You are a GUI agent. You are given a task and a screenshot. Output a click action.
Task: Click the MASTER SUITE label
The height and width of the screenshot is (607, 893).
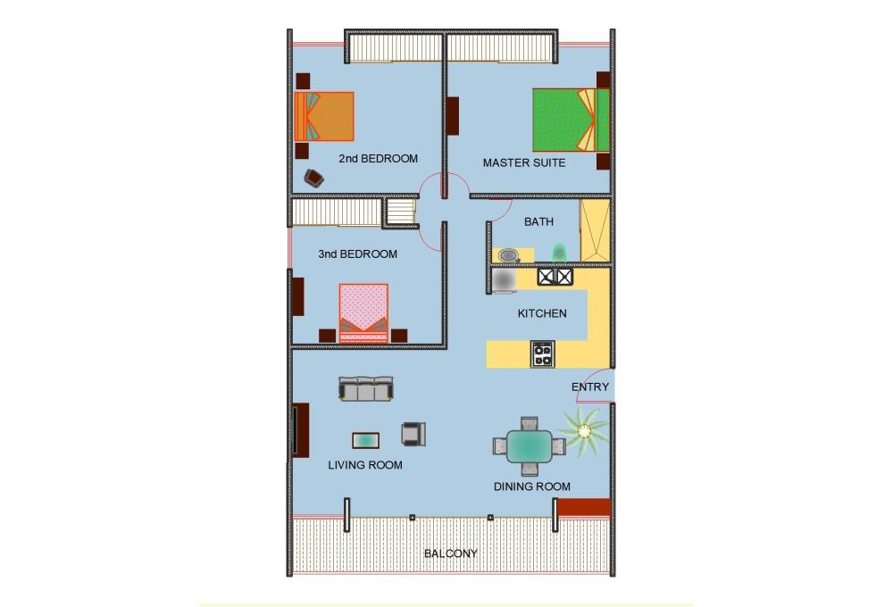point(524,162)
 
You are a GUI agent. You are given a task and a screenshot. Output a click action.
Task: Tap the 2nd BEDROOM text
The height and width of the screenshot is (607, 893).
point(378,159)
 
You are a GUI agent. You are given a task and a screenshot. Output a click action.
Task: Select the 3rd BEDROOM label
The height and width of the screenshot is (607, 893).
point(358,254)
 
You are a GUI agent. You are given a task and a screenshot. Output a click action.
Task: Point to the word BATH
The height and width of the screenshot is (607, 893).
point(538,221)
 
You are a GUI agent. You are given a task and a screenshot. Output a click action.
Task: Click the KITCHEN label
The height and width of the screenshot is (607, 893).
point(542,313)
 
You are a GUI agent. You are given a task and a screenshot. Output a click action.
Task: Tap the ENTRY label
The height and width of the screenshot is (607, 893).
point(590,387)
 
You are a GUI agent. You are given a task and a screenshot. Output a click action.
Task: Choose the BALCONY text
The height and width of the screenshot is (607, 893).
point(450,553)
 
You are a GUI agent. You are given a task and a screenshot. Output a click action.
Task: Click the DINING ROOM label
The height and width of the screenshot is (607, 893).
point(532,486)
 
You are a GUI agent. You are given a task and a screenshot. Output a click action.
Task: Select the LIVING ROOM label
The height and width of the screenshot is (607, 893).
point(365,465)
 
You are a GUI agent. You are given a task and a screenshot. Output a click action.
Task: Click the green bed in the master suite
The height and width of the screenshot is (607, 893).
point(571,121)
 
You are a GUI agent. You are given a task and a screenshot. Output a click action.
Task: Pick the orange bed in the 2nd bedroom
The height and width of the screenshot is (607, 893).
point(324,116)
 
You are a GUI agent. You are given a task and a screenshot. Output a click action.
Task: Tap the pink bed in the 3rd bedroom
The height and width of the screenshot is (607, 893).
point(364,313)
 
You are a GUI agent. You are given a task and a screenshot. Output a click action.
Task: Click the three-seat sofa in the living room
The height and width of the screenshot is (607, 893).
point(365,388)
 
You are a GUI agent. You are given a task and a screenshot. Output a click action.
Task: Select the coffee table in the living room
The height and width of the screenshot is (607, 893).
point(365,440)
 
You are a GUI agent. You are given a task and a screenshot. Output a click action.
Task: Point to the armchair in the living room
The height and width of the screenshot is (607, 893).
point(413,434)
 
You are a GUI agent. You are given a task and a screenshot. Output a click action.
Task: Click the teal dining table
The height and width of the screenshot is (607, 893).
point(530,446)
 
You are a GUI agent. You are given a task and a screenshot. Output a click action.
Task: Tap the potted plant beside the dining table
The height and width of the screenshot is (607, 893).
point(584,432)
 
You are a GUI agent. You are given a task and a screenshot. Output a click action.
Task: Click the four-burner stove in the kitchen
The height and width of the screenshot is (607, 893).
point(542,354)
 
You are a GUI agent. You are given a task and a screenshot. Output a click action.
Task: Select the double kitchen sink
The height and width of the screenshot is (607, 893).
point(555,277)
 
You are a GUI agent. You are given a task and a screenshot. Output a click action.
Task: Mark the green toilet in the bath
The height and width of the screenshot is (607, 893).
point(559,253)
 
